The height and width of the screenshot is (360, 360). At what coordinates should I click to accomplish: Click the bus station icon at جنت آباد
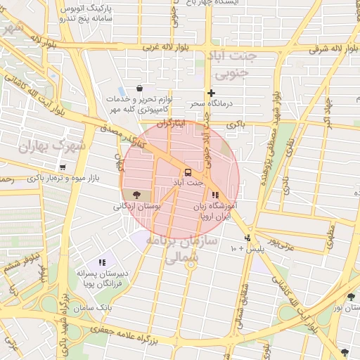pos(188,172)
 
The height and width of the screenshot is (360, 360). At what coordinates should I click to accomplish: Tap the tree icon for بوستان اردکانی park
pos(136,195)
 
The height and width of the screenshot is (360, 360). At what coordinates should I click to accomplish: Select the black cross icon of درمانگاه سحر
pos(210,93)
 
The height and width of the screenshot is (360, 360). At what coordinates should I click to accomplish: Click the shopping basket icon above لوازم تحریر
pos(139,89)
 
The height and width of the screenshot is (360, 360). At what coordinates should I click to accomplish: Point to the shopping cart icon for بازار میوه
pos(63,167)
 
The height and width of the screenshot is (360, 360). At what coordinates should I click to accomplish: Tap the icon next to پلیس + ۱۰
pos(247,238)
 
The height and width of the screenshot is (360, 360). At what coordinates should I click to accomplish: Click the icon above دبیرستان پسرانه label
pos(103,262)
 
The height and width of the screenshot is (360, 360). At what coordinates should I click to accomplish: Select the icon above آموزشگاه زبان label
pos(215,195)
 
